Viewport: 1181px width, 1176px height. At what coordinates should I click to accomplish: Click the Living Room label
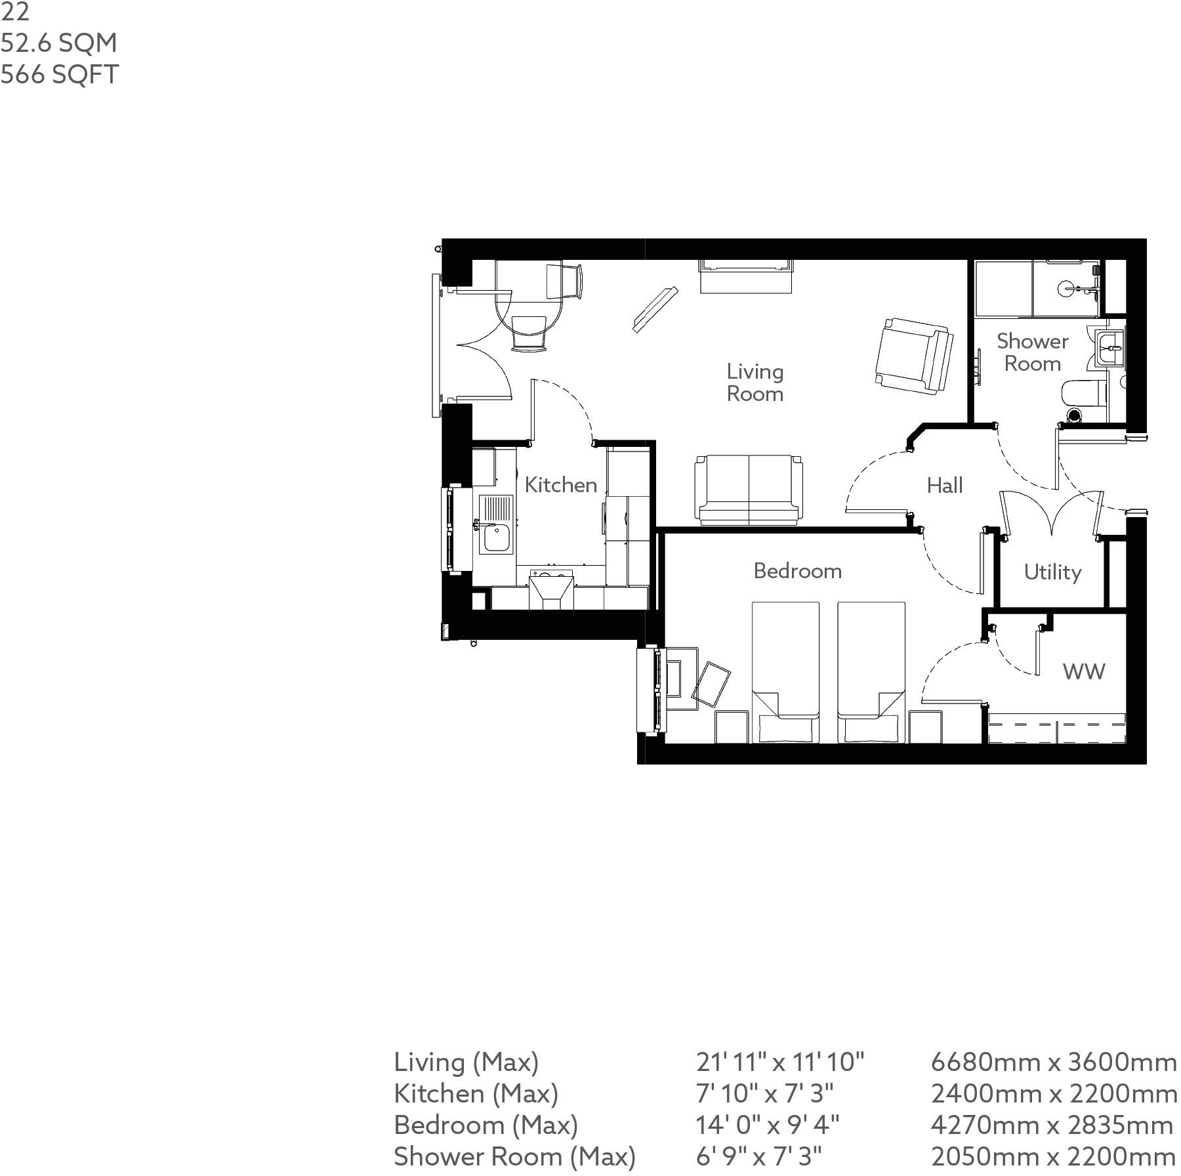click(x=755, y=383)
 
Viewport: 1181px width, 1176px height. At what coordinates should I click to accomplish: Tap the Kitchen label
click(x=560, y=485)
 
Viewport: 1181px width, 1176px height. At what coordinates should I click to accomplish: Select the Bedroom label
click(x=797, y=571)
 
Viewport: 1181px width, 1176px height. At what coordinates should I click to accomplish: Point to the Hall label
click(x=945, y=486)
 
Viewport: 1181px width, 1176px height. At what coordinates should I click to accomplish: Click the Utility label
click(x=1052, y=572)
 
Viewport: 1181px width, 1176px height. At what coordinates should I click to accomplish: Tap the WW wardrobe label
click(x=1083, y=671)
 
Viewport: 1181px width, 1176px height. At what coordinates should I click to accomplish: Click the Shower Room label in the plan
click(x=1032, y=352)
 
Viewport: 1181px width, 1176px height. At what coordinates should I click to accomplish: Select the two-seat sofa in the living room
click(x=749, y=490)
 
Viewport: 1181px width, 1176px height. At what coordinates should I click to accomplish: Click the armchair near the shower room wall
click(x=914, y=355)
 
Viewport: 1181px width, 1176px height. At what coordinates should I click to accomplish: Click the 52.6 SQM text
click(x=59, y=43)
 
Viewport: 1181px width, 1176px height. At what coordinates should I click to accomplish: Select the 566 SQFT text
click(x=60, y=74)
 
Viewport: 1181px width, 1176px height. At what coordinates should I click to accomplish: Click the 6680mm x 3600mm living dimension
click(x=1053, y=1062)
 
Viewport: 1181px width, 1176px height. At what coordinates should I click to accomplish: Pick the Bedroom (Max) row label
click(x=486, y=1125)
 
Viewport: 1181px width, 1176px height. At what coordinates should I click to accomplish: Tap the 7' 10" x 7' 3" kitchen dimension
click(x=764, y=1093)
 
